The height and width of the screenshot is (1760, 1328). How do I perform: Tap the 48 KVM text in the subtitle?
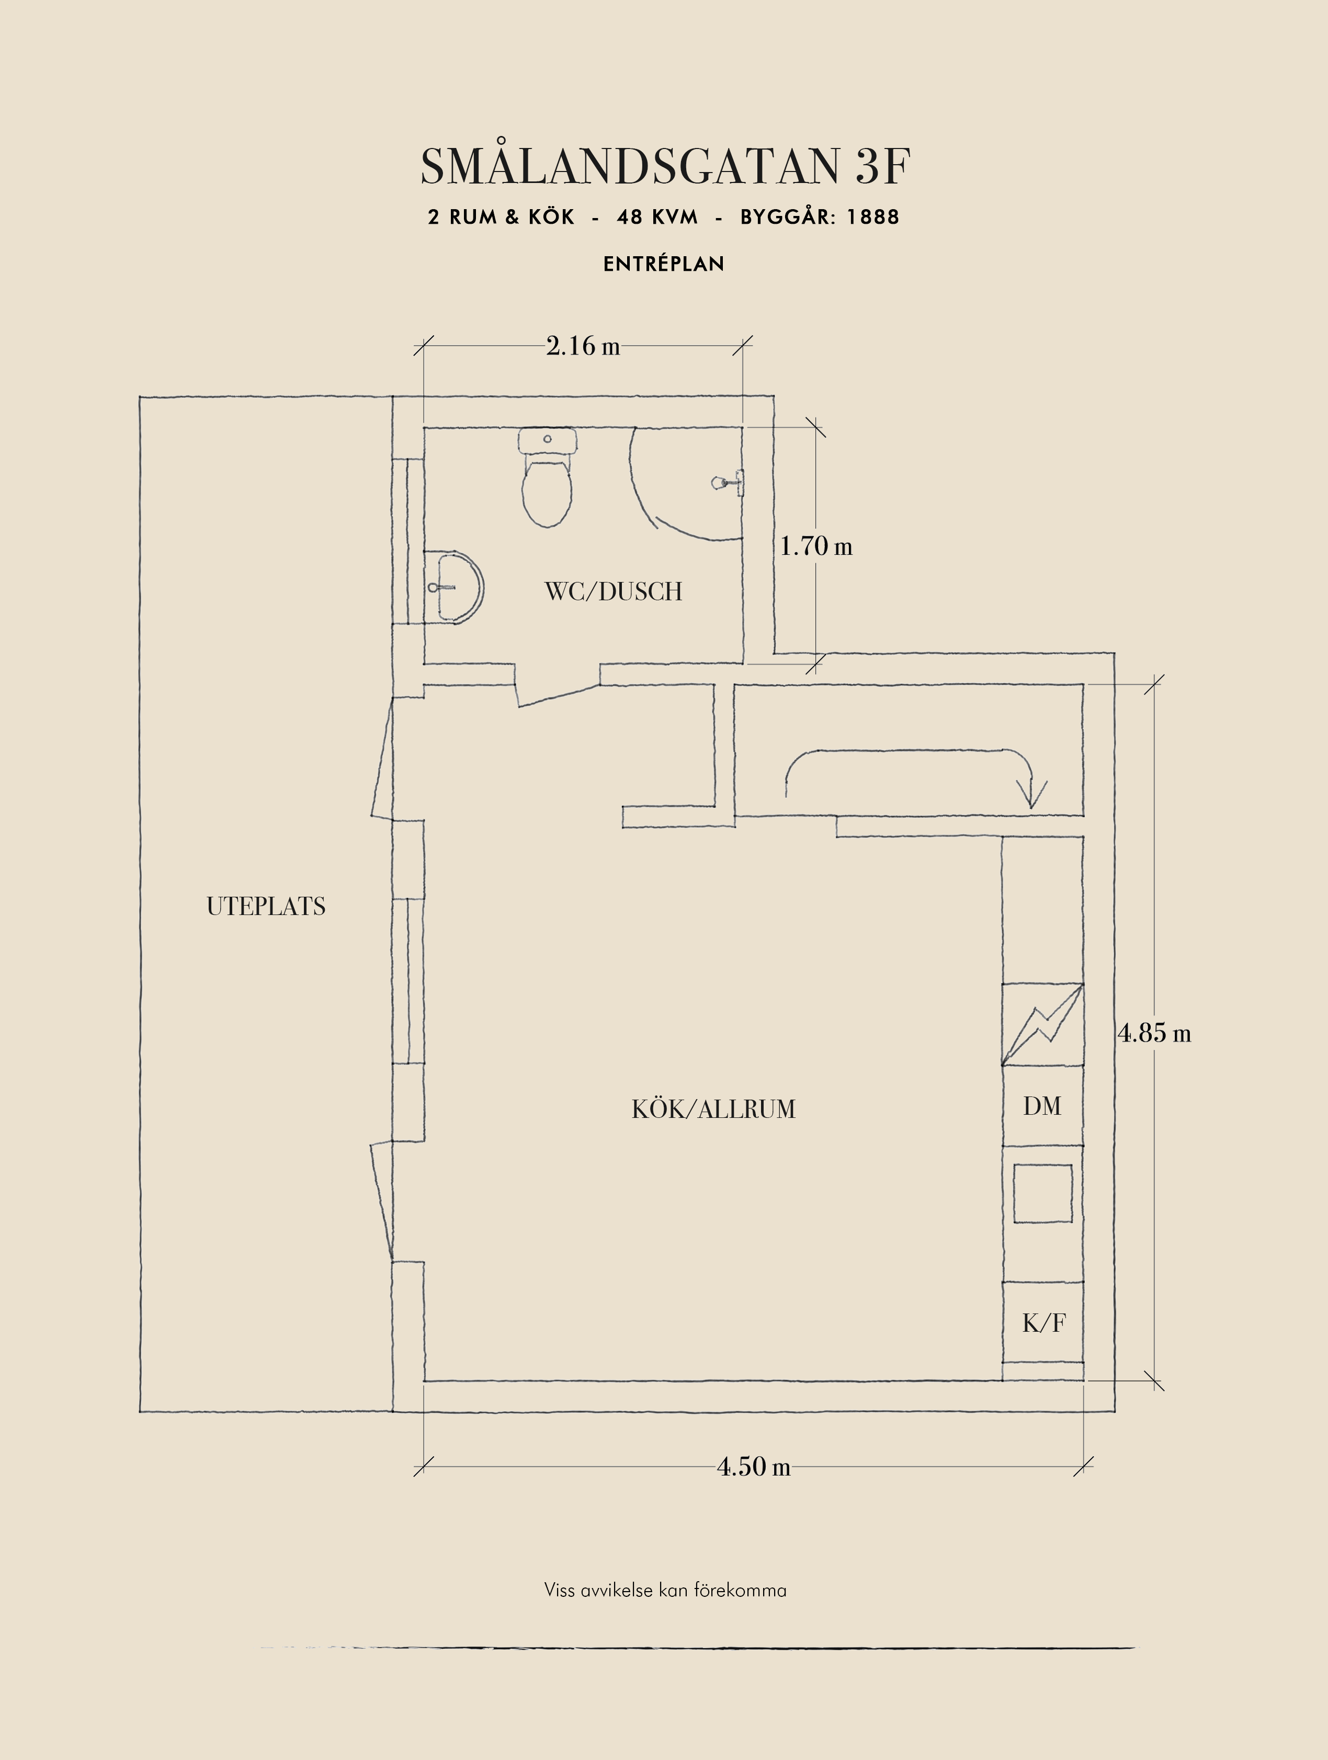tap(657, 217)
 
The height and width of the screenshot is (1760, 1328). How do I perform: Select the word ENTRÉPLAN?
tap(664, 264)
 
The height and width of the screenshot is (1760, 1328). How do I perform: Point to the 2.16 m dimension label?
tap(583, 346)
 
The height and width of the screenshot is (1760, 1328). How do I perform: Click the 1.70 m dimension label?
tap(815, 546)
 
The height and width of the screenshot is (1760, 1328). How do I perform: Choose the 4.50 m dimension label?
tap(754, 1466)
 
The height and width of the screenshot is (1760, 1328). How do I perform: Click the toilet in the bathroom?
tap(548, 477)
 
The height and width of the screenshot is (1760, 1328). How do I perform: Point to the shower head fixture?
tap(728, 482)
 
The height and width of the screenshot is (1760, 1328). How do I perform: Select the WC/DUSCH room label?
tap(614, 592)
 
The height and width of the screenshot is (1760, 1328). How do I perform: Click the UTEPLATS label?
tap(266, 906)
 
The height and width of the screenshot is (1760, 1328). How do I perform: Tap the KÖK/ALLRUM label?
tap(714, 1109)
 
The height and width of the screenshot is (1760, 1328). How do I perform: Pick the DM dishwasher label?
tap(1042, 1106)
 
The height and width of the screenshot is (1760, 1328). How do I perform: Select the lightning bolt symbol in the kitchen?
tap(1042, 1025)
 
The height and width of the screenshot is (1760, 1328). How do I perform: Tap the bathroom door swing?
tap(559, 694)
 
